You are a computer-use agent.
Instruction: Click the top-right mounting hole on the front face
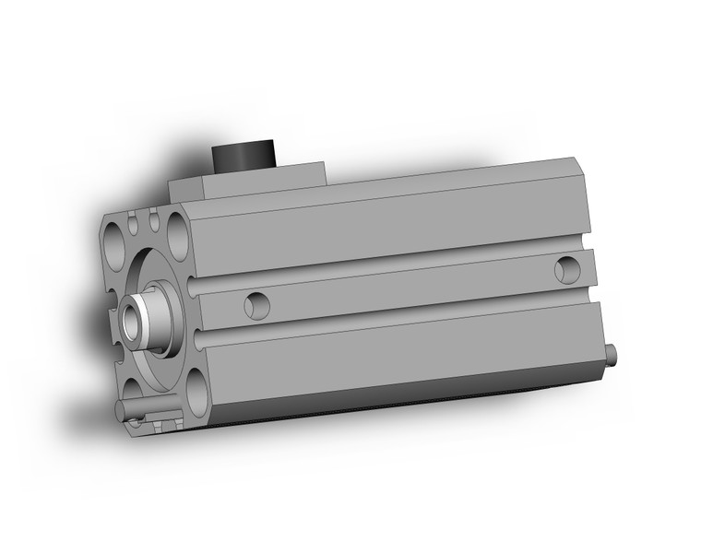pyautogui.click(x=176, y=226)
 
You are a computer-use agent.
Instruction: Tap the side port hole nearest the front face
pyautogui.click(x=256, y=305)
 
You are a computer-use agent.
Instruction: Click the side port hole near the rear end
pyautogui.click(x=567, y=270)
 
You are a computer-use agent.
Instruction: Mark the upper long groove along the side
pyautogui.click(x=387, y=266)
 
